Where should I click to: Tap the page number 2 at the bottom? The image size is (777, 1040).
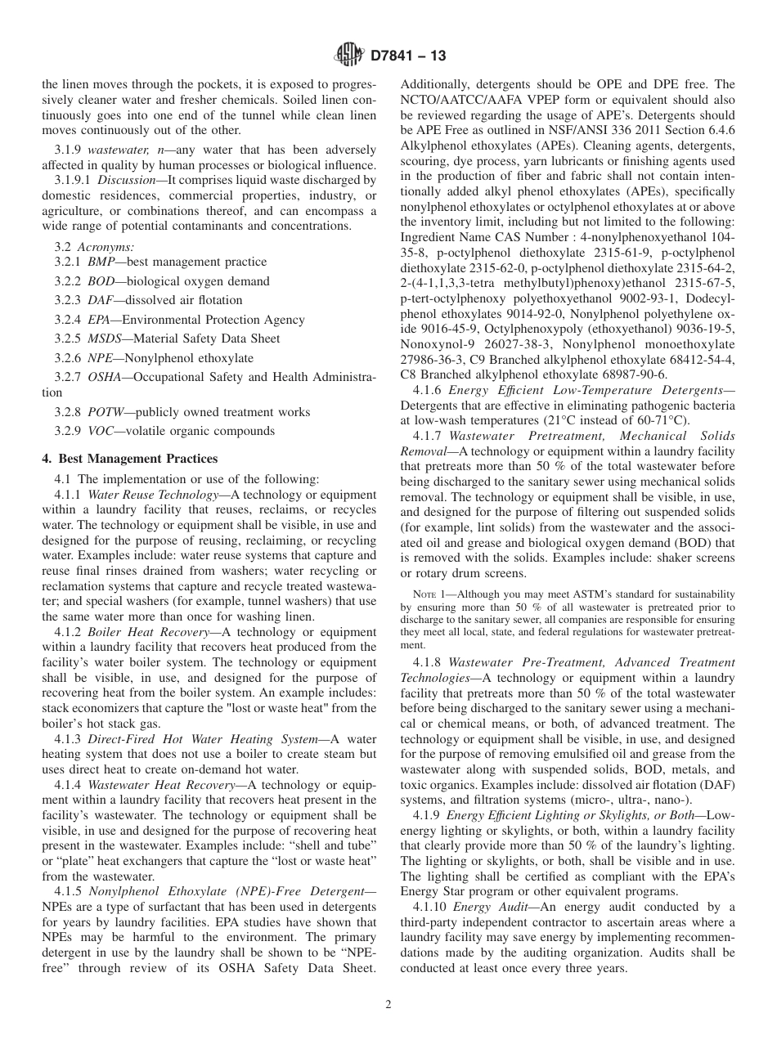pos(388,1005)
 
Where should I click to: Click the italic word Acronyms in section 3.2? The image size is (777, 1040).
pos(110,246)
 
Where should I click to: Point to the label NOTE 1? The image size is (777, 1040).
pos(429,594)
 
